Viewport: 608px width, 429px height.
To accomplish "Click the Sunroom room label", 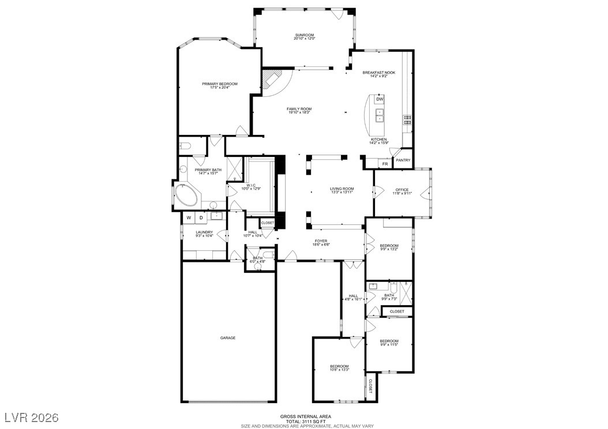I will (x=304, y=36).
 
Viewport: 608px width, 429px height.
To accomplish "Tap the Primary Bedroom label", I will (x=219, y=84).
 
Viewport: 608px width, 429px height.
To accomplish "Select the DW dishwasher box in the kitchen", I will (x=380, y=100).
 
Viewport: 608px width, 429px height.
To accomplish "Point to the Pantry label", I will (x=403, y=160).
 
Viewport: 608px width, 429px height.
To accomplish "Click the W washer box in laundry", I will (x=189, y=217).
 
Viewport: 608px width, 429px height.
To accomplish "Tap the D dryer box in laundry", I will (x=201, y=217).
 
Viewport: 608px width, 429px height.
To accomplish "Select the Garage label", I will (x=227, y=338).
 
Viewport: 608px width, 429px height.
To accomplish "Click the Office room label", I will (x=401, y=190).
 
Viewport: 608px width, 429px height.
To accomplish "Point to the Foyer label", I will (x=321, y=241).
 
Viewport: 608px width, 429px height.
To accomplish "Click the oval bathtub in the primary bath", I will (x=186, y=196).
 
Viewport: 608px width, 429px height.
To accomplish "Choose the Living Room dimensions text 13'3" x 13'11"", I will (x=341, y=193).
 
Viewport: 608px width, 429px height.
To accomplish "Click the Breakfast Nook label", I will (x=378, y=73).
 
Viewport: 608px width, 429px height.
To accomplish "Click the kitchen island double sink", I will (x=380, y=116).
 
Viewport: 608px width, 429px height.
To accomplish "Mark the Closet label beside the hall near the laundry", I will (x=268, y=223).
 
